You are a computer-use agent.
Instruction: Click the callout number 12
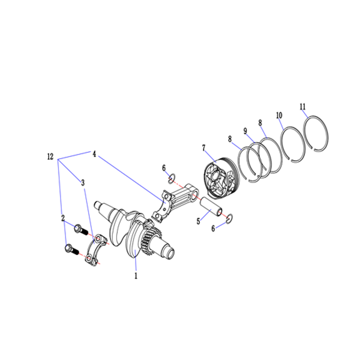coord(50,157)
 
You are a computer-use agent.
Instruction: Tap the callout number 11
coord(302,107)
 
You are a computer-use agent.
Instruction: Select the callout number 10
coord(279,116)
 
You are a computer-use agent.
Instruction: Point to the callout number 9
coord(245,131)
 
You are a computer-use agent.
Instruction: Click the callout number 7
coord(204,148)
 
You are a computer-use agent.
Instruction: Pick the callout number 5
coord(198,221)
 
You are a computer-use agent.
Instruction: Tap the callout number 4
coord(94,154)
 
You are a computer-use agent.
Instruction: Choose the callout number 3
coord(83,183)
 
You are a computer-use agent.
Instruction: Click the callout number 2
coord(63,218)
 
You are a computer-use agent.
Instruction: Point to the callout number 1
coord(136,276)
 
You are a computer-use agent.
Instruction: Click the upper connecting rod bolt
coord(81,229)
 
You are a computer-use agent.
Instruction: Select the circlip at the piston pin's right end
coord(229,218)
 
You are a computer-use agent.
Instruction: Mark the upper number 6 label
coord(164,168)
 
